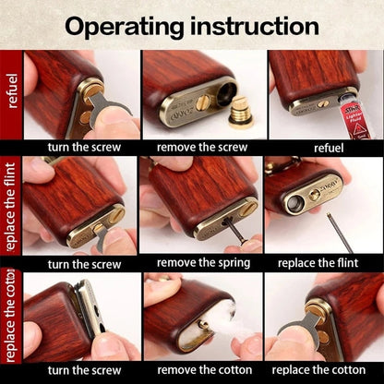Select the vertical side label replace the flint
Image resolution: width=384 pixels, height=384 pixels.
[11, 210]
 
